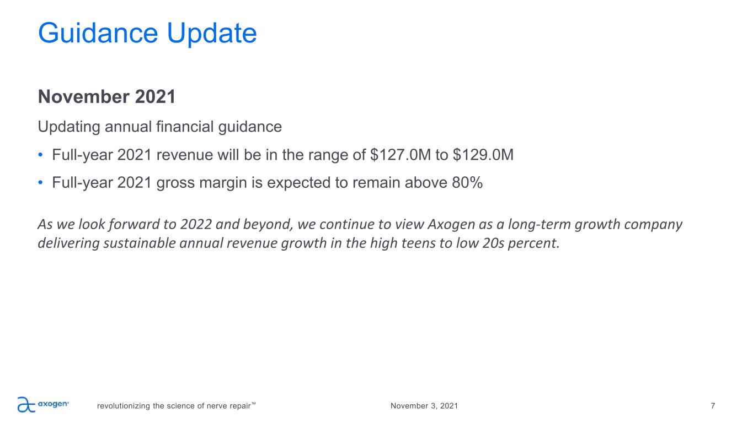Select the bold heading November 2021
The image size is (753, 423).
107,97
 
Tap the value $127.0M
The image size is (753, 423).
400,155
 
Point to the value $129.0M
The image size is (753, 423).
483,155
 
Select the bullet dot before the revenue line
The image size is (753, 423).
40,155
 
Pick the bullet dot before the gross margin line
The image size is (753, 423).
40,183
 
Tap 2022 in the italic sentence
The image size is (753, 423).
196,225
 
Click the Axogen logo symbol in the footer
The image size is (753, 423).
26,404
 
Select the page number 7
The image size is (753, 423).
713,406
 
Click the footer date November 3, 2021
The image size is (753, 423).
424,406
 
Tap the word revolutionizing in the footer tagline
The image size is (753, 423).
124,406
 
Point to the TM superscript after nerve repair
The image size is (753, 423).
253,403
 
